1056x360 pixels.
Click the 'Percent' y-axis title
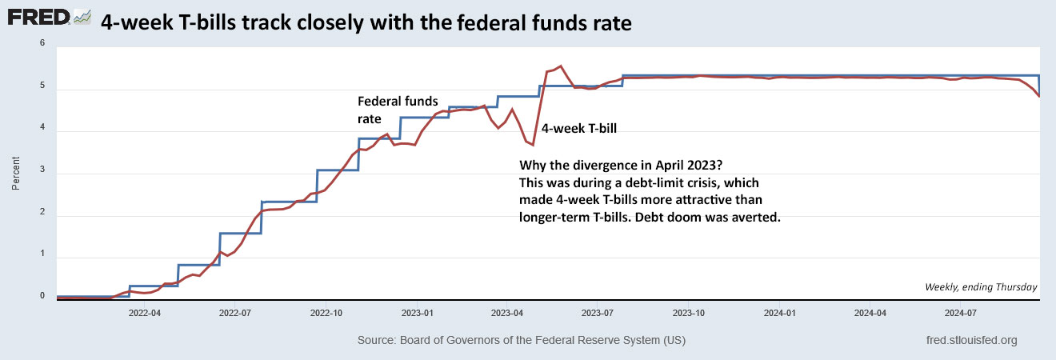(16, 171)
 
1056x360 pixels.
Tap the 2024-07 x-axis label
(963, 314)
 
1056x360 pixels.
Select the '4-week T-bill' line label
(580, 128)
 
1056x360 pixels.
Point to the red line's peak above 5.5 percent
(560, 66)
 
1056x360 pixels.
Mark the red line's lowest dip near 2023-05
(533, 145)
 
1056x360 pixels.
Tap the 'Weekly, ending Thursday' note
(981, 287)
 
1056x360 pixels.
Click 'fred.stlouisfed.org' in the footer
(970, 340)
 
